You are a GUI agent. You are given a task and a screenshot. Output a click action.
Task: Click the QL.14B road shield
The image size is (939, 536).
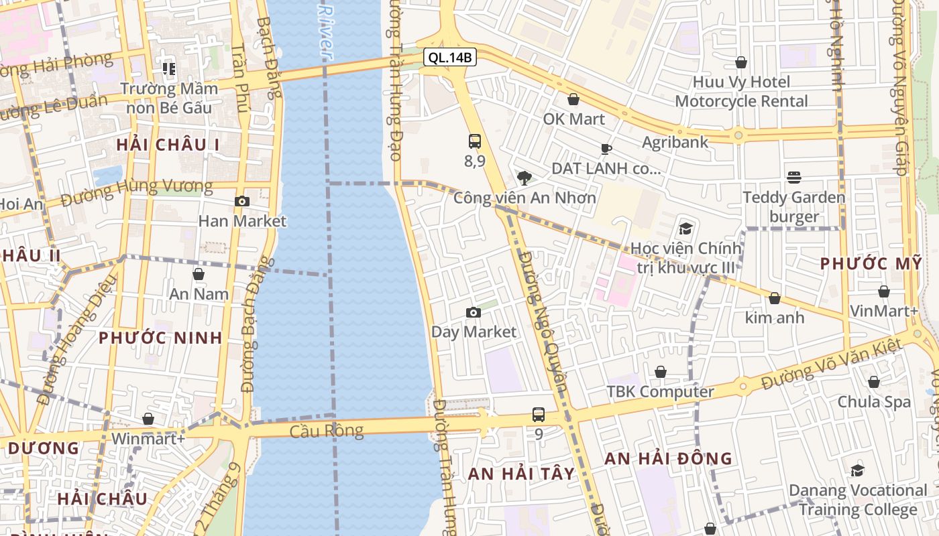click(450, 58)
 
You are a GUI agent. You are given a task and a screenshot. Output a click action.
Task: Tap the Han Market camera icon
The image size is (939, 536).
click(241, 201)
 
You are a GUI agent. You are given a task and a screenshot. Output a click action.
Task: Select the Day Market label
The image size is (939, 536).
click(474, 332)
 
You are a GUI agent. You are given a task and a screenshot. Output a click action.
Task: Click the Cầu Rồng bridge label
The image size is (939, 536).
click(326, 430)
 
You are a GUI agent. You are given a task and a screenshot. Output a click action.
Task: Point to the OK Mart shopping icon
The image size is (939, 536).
click(573, 100)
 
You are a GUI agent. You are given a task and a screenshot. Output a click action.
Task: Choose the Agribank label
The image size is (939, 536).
click(675, 142)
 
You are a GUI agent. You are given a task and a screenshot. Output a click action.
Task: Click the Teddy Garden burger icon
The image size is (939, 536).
click(794, 178)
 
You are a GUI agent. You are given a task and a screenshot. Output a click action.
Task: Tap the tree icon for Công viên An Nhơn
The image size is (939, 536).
click(524, 178)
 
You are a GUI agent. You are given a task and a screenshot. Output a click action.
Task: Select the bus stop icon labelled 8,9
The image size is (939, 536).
click(475, 141)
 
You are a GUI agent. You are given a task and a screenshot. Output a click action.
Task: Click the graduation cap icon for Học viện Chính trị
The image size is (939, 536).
click(685, 228)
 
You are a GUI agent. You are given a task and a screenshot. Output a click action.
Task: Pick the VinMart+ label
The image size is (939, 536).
click(884, 311)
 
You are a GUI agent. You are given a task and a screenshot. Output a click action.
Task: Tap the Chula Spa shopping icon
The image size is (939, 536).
click(874, 382)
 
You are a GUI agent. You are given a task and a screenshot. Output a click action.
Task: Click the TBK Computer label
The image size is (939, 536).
click(660, 391)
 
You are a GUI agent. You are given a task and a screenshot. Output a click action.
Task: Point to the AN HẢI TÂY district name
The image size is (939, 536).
click(521, 474)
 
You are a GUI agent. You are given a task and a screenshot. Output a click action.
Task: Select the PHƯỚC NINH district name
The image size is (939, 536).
click(160, 338)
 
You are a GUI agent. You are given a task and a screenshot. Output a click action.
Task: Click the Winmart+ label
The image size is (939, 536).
click(148, 438)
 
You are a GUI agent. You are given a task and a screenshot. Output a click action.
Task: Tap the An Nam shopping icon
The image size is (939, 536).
click(199, 274)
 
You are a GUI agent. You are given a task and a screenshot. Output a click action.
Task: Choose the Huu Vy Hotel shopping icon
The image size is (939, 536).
click(741, 63)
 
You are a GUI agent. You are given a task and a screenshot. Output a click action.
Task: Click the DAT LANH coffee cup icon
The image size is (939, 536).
click(606, 149)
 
